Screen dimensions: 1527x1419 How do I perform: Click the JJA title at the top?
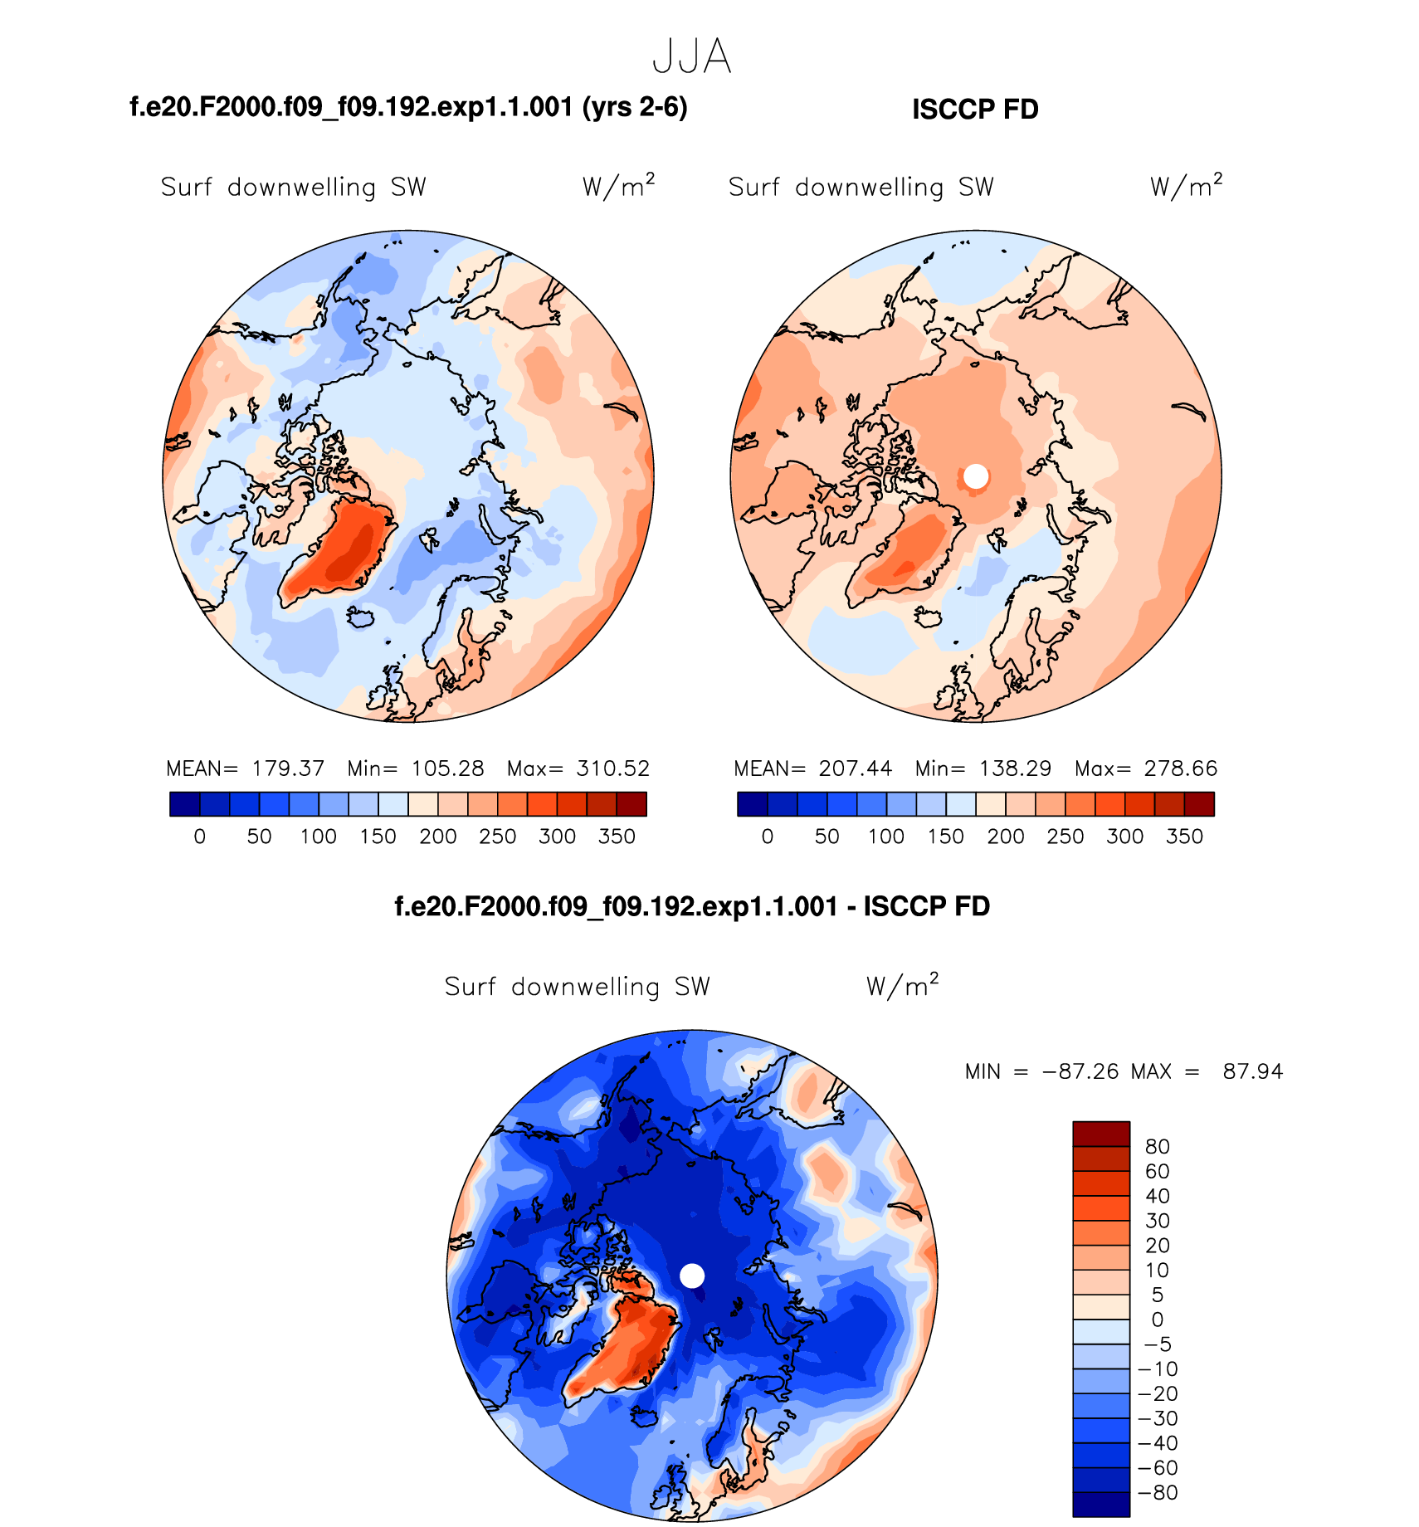point(691,57)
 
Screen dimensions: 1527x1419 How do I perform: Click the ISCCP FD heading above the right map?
point(975,110)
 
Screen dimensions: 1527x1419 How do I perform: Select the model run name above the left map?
point(408,107)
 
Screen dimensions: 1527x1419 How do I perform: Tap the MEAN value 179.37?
point(288,768)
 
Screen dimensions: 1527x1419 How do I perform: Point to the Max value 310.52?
point(612,768)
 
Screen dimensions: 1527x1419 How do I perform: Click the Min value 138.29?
point(1015,768)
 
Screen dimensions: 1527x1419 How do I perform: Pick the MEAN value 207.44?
point(856,768)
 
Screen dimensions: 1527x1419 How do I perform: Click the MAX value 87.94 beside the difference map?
point(1252,1071)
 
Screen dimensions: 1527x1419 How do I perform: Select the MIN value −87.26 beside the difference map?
point(1080,1071)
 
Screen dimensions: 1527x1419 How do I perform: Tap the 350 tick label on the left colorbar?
point(617,837)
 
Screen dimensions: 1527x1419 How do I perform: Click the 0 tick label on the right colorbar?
point(768,837)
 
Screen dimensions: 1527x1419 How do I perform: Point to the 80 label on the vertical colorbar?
point(1157,1147)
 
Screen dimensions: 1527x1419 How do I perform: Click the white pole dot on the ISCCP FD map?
point(976,476)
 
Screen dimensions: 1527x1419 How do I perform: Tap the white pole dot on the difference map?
point(692,1276)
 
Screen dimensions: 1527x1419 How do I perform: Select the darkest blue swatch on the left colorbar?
point(184,804)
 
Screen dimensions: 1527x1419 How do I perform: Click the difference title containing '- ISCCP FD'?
point(692,906)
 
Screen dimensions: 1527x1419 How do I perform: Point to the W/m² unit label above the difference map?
point(902,986)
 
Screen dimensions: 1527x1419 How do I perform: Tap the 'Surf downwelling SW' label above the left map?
point(293,188)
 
